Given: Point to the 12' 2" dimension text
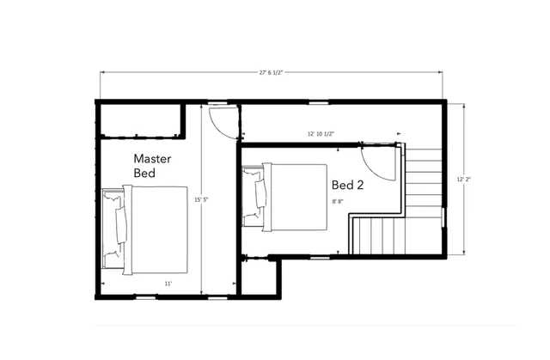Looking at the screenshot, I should click(x=464, y=179).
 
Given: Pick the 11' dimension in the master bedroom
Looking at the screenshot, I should click(x=168, y=283).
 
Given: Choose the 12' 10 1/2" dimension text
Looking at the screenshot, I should click(x=321, y=134).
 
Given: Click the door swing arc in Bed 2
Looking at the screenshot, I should click(x=376, y=163).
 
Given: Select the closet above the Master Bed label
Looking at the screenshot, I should click(x=139, y=120).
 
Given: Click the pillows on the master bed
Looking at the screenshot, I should click(x=119, y=227).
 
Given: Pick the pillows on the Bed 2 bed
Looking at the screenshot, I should click(x=260, y=197).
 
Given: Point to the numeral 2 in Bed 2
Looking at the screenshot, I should click(x=364, y=184).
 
